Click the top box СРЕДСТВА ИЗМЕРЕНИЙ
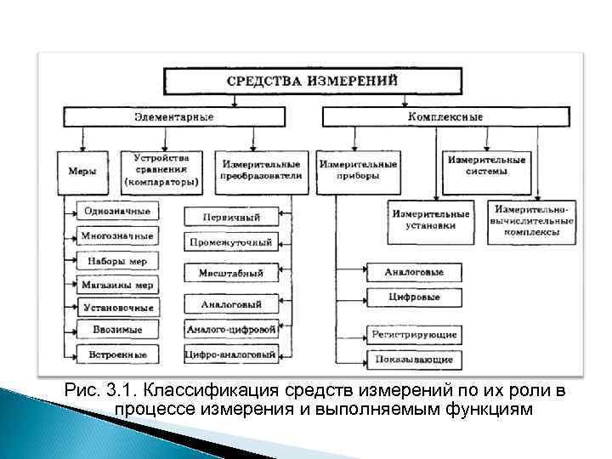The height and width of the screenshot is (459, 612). click(x=314, y=82)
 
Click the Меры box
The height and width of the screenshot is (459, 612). click(x=82, y=171)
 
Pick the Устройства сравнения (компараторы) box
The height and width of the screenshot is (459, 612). click(x=161, y=170)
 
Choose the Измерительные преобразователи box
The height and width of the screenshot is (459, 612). click(x=260, y=170)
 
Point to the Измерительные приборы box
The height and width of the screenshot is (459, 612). click(x=357, y=170)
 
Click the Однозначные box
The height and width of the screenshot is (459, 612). click(x=116, y=211)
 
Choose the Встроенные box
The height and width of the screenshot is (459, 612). click(x=116, y=354)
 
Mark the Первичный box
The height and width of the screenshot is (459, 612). click(x=230, y=217)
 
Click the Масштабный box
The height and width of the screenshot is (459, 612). click(x=230, y=273)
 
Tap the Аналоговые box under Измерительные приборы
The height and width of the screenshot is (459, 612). click(x=412, y=273)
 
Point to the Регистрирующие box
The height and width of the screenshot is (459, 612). click(x=414, y=334)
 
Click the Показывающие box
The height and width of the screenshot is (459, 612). click(x=414, y=360)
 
